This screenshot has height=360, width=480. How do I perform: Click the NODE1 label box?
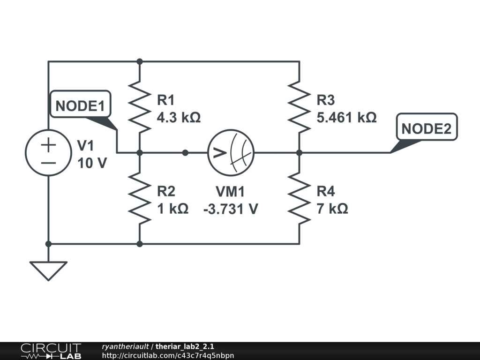point(80,106)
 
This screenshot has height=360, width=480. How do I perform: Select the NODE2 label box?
point(426,127)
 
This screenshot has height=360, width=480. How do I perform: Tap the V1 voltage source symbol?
point(48,152)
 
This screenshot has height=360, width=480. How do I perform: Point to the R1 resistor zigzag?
point(140,107)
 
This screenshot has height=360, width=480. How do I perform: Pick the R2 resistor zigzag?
point(140,198)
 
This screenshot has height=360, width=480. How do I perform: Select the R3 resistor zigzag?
point(299,107)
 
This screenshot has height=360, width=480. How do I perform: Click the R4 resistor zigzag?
point(299,198)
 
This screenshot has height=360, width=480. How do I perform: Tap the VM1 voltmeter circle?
point(231,152)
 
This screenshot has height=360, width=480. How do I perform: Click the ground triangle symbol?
point(48,270)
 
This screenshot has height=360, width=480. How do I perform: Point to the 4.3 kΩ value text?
point(179,117)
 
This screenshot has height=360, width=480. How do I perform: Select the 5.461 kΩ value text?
point(346,117)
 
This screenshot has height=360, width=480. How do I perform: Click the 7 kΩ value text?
point(332,209)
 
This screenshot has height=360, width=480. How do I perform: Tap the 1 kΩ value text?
point(172,209)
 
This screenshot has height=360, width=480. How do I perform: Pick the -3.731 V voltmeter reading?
point(230,209)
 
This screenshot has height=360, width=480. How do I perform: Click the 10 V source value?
point(92,164)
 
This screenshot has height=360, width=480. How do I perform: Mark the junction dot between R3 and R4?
point(299,152)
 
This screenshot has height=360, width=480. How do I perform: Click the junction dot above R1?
point(139,61)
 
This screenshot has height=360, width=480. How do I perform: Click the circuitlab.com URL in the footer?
point(167,355)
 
